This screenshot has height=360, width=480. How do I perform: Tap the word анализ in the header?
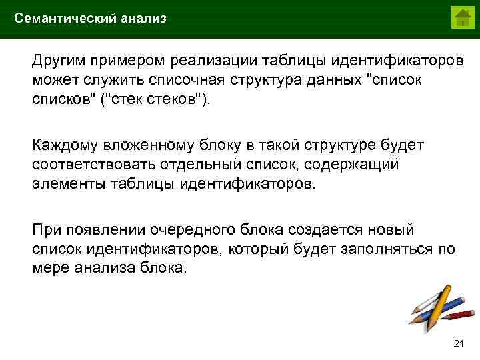point(143,19)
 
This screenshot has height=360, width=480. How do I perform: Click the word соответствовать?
point(93,164)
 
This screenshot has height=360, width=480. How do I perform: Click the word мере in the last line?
point(48,268)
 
